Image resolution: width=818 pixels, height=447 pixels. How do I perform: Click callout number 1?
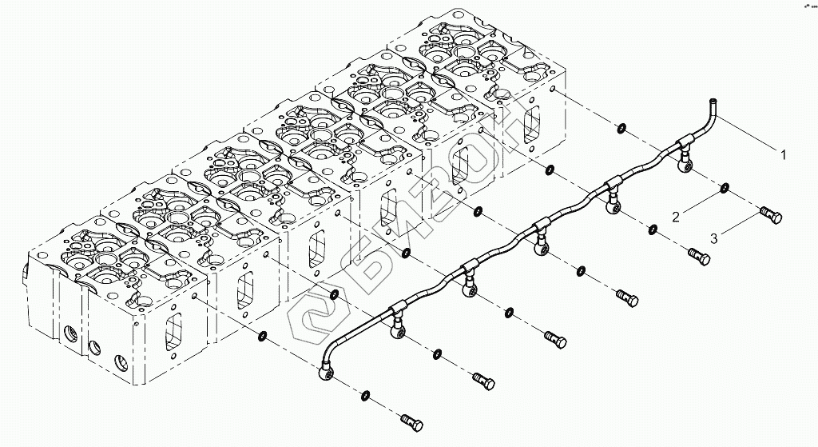(783, 155)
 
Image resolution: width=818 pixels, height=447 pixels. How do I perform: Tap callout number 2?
(676, 216)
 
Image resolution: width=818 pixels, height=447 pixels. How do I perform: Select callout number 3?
(715, 237)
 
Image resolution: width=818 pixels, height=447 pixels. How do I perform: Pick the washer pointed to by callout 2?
(724, 189)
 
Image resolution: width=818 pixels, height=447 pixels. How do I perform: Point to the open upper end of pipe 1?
(712, 102)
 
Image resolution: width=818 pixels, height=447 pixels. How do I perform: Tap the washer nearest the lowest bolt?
(365, 393)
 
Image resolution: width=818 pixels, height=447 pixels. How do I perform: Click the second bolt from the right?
(699, 257)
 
